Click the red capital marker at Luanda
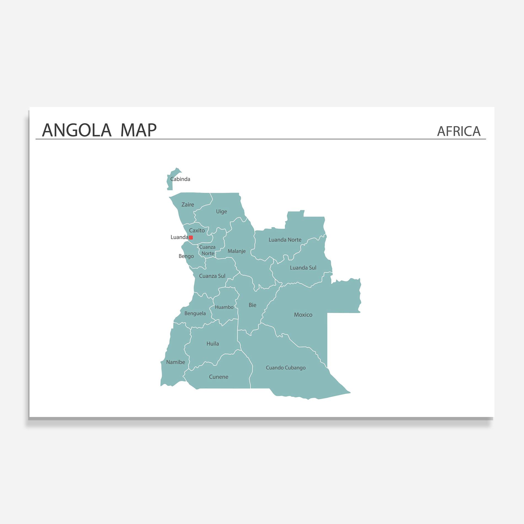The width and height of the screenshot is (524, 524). point(191,237)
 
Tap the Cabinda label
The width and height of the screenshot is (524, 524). point(180,179)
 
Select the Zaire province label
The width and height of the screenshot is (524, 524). point(188,205)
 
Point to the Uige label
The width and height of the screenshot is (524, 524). point(221,212)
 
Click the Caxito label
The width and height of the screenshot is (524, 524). point(197,231)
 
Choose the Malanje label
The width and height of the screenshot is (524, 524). point(237,251)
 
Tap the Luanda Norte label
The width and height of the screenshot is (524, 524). point(285,240)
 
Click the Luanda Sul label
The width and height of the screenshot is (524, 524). point(303,268)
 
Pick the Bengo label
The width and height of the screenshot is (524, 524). point(186,256)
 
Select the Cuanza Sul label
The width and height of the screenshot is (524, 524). point(212,276)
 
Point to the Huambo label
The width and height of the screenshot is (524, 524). point(224,307)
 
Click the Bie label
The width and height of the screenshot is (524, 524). point(252,305)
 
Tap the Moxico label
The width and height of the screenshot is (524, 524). point(303,315)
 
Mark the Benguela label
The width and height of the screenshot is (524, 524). point(195,314)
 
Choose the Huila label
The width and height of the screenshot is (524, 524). point(213,344)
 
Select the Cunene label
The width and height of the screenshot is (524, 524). point(218,377)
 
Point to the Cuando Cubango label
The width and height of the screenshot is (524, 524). point(286,368)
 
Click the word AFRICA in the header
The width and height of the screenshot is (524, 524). point(459,131)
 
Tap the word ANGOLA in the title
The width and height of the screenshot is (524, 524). point(77,130)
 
